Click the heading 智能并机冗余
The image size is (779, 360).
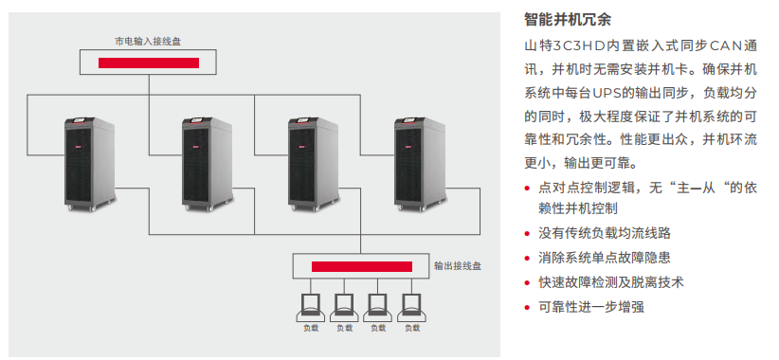click(568, 20)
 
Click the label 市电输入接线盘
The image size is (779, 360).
click(148, 42)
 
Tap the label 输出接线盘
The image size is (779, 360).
click(458, 266)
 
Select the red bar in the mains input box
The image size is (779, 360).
click(149, 63)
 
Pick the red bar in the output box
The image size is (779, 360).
click(362, 266)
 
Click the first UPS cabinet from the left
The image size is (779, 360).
click(89, 164)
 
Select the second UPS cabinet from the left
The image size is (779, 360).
click(207, 164)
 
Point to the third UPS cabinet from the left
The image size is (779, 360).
click(314, 164)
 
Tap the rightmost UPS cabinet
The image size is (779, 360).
click(420, 164)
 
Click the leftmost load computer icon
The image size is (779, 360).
click(311, 308)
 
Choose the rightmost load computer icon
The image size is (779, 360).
click(412, 308)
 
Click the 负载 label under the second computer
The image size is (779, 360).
click(344, 328)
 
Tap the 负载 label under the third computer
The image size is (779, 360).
click(378, 328)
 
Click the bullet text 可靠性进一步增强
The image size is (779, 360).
click(591, 307)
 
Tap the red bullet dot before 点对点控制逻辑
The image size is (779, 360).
click(527, 189)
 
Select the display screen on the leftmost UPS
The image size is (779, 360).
click(80, 120)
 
